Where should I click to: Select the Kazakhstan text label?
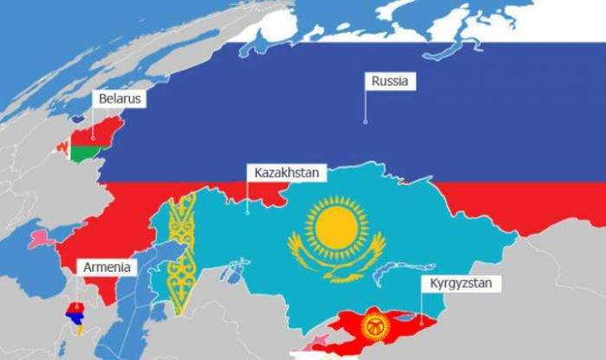tap(287, 173)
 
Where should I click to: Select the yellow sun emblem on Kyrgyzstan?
tap(375, 326)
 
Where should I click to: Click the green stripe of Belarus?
tap(87, 154)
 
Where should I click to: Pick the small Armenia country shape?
tap(76, 319)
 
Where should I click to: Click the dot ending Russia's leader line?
tap(365, 121)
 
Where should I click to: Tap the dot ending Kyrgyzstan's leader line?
tap(422, 318)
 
